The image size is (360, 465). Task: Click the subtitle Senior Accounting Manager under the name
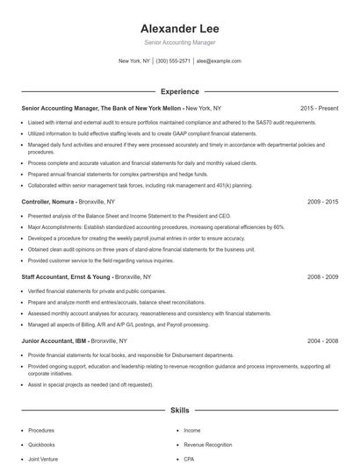coord(179,42)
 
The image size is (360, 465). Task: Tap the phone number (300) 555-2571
coord(173,61)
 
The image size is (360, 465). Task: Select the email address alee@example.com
coord(219,61)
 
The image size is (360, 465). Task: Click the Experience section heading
coord(179,91)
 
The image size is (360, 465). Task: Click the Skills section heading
coord(179,410)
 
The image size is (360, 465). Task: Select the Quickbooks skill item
coord(41,445)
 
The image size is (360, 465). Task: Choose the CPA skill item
coord(189,459)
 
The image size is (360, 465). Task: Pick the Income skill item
coord(192,431)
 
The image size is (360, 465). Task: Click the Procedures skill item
coord(41,431)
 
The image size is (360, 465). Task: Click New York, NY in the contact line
coord(134,61)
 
